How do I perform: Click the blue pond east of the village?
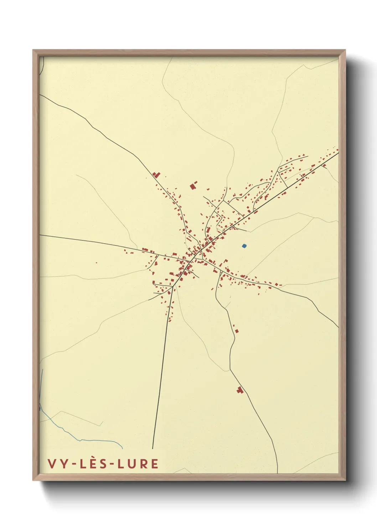(x=244, y=246)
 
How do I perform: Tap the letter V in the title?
(x=51, y=464)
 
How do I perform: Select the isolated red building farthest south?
(x=240, y=390)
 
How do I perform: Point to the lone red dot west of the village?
(x=96, y=263)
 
